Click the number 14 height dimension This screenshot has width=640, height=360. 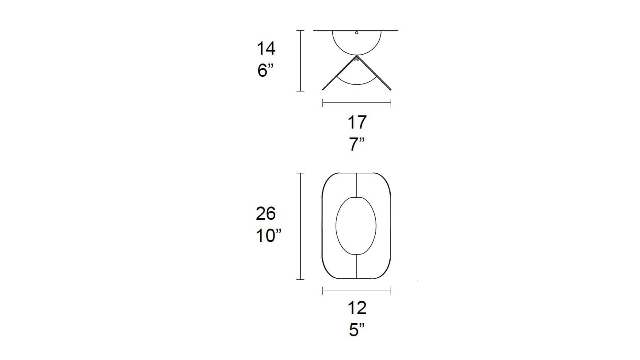(x=266, y=49)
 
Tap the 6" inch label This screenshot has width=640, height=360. (x=265, y=71)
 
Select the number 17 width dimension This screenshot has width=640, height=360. (x=357, y=122)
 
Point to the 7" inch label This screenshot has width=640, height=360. (x=357, y=144)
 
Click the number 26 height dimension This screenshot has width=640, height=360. (x=266, y=214)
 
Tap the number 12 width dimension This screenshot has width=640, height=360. (x=357, y=308)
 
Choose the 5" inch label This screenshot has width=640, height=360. (x=357, y=330)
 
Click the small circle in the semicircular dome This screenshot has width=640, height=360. (x=357, y=33)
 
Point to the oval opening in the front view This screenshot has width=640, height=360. (x=336, y=226)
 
